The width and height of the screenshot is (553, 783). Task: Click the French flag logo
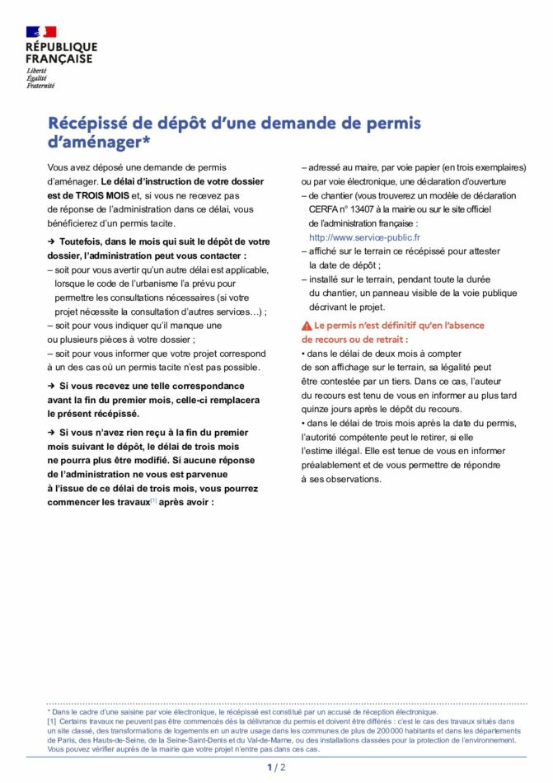tap(41, 31)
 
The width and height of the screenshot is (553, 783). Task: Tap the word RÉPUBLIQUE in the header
tap(61, 47)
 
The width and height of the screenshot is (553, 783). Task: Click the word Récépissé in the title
tap(89, 124)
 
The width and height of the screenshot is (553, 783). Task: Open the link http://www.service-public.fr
tap(364, 237)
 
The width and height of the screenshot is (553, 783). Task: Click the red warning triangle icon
tap(307, 326)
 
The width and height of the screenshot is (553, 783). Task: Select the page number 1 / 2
tap(276, 768)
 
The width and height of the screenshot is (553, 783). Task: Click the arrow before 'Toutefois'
tap(51, 241)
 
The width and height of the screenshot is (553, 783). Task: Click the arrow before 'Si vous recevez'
tap(51, 386)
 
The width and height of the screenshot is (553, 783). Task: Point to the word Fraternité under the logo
tap(40, 85)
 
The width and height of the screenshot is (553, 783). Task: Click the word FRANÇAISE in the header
tap(59, 59)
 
